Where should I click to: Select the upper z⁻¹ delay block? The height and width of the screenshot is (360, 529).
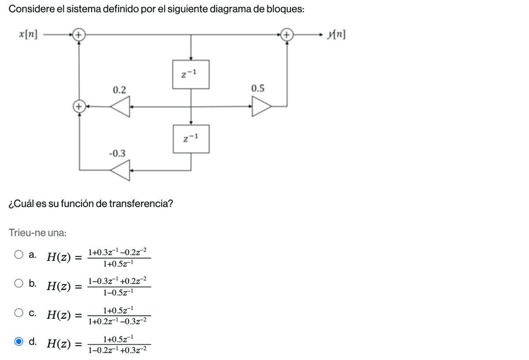click(191, 74)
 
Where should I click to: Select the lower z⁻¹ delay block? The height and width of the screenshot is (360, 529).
click(191, 139)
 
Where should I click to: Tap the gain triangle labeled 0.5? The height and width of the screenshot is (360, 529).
click(261, 107)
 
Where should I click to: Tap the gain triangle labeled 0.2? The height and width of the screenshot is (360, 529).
click(120, 107)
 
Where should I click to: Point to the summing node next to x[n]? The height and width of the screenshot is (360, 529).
click(79, 35)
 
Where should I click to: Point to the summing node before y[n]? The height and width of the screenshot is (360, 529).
click(286, 35)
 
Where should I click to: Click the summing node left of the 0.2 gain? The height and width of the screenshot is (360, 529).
click(79, 107)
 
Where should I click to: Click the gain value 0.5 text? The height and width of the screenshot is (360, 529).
click(258, 89)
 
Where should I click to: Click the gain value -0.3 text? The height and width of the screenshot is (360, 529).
click(117, 153)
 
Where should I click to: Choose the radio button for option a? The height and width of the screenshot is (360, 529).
click(19, 255)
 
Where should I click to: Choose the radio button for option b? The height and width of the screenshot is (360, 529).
click(19, 283)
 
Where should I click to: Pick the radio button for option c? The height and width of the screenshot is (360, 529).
click(19, 312)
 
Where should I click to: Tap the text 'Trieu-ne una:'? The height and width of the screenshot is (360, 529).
click(37, 233)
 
